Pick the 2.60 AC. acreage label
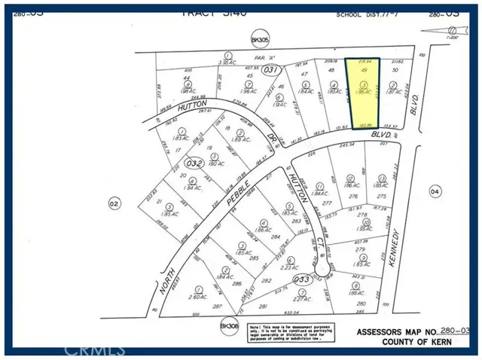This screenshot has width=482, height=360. pos(199,297)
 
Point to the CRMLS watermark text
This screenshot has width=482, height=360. pos(93,350)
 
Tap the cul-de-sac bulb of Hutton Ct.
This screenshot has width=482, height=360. pos(323,267)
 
